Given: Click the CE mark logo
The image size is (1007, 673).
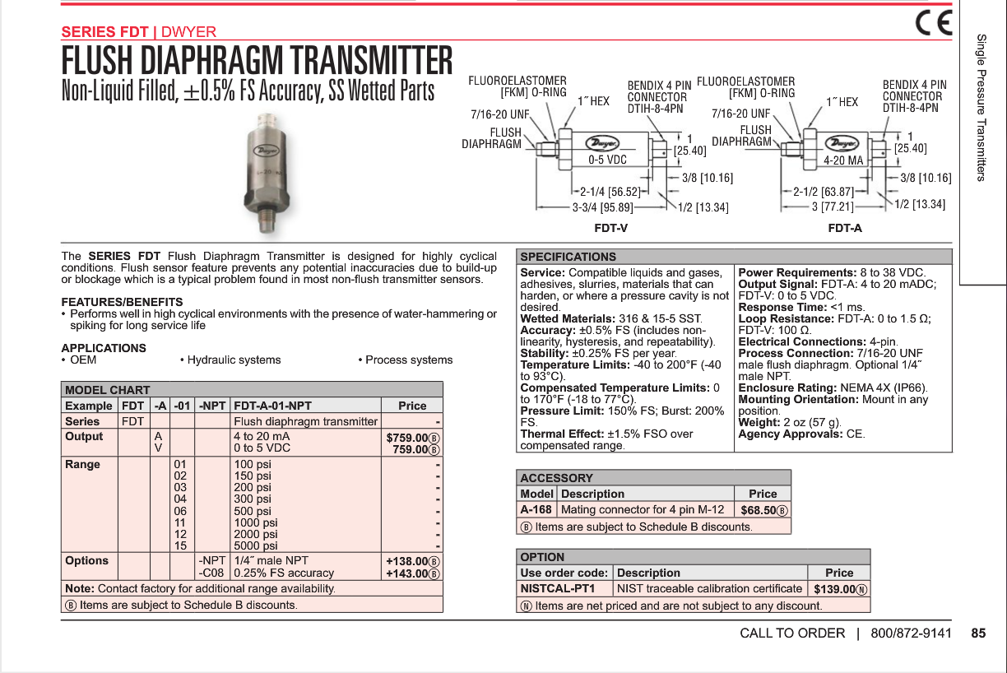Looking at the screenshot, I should tap(934, 23).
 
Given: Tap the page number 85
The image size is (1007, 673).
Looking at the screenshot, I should tap(977, 633).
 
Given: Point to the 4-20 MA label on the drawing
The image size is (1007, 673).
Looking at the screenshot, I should tap(843, 160).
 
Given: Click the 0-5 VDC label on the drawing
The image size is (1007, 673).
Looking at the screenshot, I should tap(607, 160).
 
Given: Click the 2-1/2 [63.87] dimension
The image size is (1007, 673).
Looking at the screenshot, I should tap(824, 192).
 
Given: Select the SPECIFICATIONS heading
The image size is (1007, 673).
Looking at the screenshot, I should tap(568, 257).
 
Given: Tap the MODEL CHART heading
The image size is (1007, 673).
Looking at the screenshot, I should tap(108, 390).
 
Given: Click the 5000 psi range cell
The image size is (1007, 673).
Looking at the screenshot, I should tap(256, 545).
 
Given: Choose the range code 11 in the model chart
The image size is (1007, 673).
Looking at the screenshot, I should tap(180, 522).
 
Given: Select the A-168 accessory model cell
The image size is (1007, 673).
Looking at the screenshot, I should tap(536, 509).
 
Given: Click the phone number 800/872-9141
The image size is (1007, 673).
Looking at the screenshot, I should tap(911, 633).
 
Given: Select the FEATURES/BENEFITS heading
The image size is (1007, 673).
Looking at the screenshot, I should tap(122, 302).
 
